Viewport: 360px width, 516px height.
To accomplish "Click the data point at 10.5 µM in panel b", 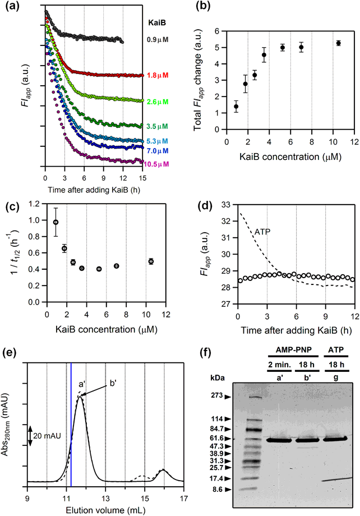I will click(x=338, y=43).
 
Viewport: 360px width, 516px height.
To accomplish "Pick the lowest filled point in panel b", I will click(x=236, y=107).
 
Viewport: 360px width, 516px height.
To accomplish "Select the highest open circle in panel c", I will click(x=56, y=222).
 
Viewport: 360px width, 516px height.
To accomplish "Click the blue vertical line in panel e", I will click(x=71, y=432).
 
